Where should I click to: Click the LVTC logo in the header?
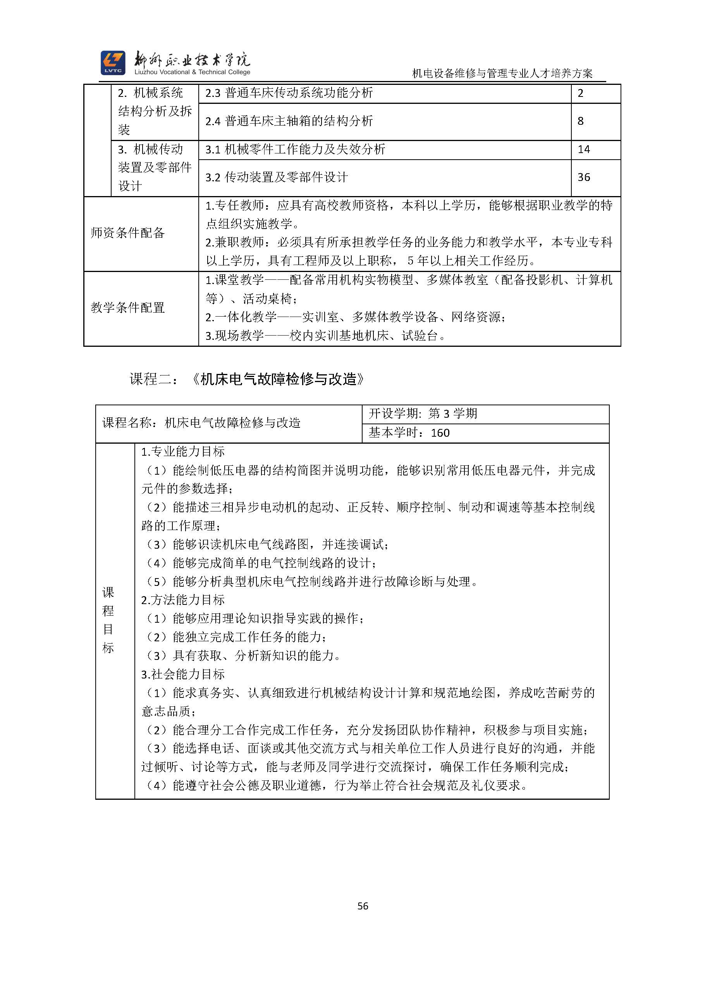coord(113,62)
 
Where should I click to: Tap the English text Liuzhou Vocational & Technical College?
coord(192,72)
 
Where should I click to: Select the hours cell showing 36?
coord(584,177)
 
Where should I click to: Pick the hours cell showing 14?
coord(584,150)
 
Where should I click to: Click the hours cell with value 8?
coord(580,121)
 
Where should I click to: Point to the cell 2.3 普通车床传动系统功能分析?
coord(289,93)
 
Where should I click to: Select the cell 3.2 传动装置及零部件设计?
coord(276,177)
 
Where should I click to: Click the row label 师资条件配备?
coord(127,233)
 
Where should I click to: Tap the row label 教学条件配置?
coord(127,308)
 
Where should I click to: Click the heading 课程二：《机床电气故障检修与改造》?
coord(247,379)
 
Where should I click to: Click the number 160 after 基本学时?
coord(440,433)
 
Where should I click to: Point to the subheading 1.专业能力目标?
coord(183,451)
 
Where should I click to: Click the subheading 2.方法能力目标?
coord(183,600)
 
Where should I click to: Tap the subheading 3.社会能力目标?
coord(183,674)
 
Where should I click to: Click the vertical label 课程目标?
coord(108,620)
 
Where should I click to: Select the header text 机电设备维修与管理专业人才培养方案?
coord(502,73)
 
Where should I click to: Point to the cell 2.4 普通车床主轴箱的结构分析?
coord(289,121)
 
